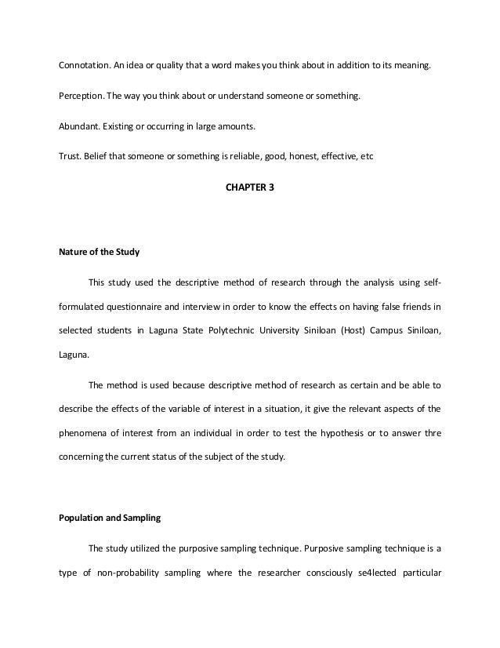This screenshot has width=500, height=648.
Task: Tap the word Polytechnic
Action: pyautogui.click(x=251, y=330)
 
